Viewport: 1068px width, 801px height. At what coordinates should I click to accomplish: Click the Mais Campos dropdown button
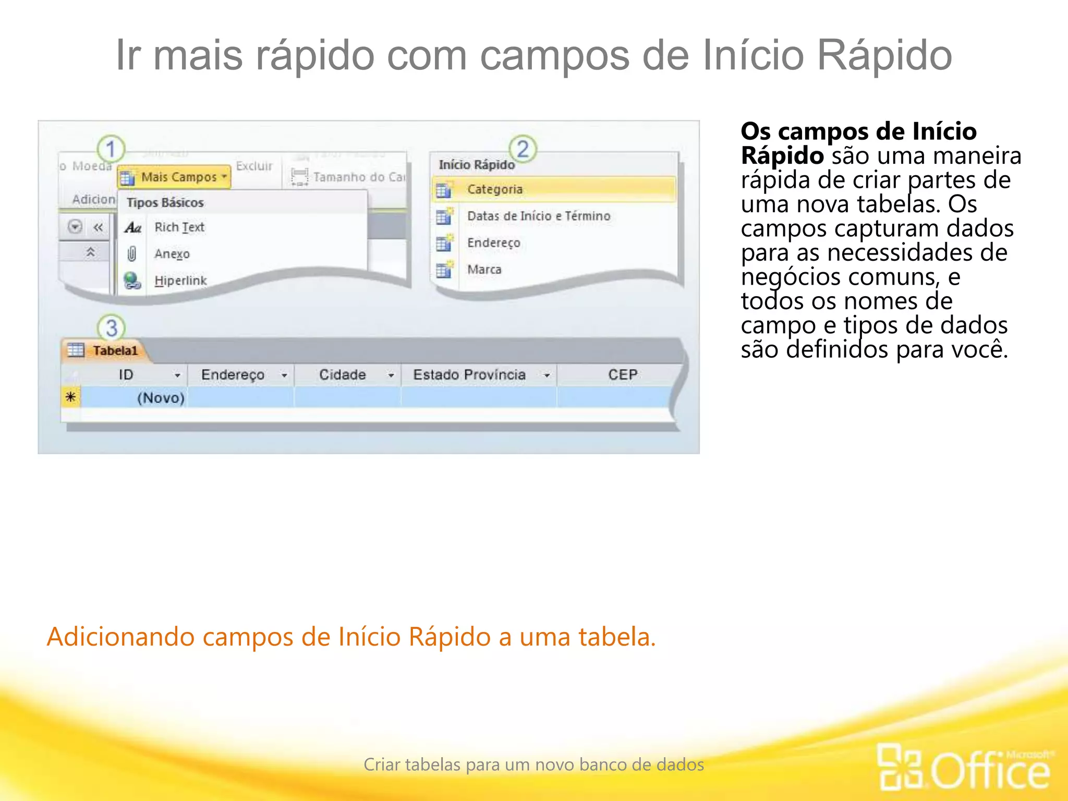[x=174, y=177]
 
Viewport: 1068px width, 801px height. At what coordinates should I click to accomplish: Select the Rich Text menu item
[x=179, y=227]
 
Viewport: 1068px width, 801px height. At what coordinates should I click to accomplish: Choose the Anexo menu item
[x=172, y=254]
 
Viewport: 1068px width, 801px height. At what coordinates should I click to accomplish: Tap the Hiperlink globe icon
[x=132, y=281]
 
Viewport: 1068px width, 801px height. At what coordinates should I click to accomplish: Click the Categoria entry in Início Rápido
[x=494, y=189]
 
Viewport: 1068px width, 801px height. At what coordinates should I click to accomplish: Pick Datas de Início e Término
[x=538, y=216]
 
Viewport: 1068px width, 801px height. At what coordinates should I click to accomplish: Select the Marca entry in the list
[x=484, y=270]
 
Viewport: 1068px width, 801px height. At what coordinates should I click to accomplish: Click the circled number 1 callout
[x=111, y=149]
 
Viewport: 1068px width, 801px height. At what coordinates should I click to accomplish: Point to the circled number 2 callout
[x=523, y=149]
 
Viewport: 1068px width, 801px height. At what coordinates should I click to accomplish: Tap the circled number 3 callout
[x=112, y=328]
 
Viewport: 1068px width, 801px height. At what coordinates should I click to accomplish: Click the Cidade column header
[x=342, y=375]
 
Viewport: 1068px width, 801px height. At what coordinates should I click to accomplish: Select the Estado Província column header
[x=469, y=375]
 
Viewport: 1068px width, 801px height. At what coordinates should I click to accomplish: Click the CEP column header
[x=622, y=375]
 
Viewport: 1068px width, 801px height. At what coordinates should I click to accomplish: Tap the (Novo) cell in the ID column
[x=161, y=398]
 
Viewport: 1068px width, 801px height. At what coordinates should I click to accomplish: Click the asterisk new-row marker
[x=71, y=397]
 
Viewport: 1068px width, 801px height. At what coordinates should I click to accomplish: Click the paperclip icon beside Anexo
[x=132, y=254]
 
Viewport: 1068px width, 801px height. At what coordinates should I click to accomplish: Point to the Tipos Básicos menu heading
[x=165, y=202]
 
